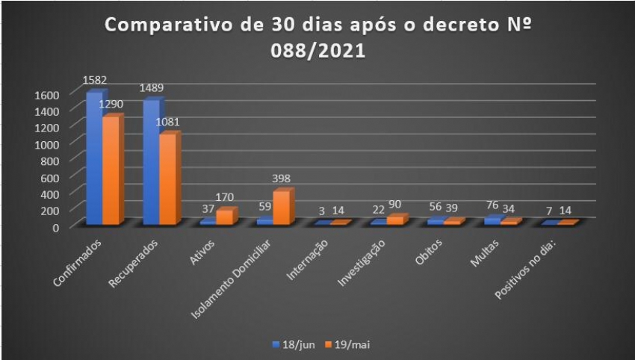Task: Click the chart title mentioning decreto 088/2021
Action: pyautogui.click(x=317, y=38)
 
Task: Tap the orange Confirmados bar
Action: pyautogui.click(x=111, y=170)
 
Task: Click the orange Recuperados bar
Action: pyautogui.click(x=168, y=179)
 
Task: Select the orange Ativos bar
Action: pyautogui.click(x=225, y=217)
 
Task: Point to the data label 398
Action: pyautogui.click(x=281, y=179)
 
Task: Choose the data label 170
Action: pyautogui.click(x=225, y=198)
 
